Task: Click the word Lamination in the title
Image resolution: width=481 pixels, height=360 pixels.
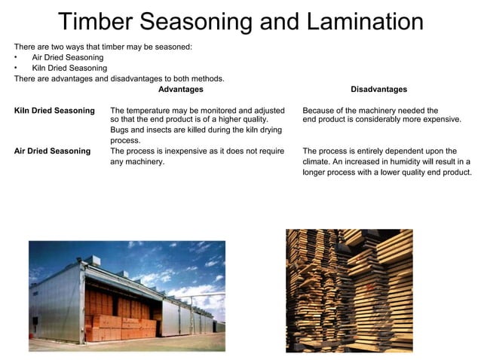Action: (362, 22)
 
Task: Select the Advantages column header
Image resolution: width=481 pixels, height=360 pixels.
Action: (180, 90)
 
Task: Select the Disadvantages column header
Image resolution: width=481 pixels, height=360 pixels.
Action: (378, 90)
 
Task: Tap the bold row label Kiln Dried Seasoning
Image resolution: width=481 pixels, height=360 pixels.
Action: (54, 111)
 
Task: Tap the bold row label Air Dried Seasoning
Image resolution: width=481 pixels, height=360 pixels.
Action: (52, 151)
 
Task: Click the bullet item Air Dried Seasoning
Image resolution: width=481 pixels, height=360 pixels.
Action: (68, 57)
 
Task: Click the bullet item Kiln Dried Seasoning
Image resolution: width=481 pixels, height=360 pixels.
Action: (69, 68)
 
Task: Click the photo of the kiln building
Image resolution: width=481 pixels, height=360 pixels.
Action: (127, 296)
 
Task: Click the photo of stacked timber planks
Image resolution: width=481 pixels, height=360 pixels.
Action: (349, 291)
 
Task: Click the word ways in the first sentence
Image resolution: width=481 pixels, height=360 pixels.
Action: (78, 47)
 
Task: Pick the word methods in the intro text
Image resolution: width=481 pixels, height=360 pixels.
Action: (208, 78)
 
